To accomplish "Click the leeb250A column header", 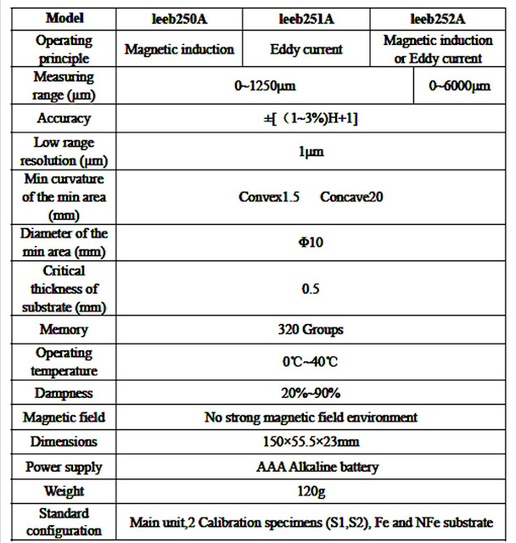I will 179,16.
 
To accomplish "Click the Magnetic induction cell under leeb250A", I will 179,49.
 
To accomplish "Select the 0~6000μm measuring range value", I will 459,86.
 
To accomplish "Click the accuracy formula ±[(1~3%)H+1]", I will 311,119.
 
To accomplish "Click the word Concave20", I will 352,197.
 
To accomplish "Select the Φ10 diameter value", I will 311,242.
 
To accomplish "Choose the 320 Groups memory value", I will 311,329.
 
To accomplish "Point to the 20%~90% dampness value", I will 311,393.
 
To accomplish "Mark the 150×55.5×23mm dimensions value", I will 311,442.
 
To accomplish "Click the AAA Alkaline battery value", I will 311,467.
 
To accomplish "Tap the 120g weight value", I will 311,491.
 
